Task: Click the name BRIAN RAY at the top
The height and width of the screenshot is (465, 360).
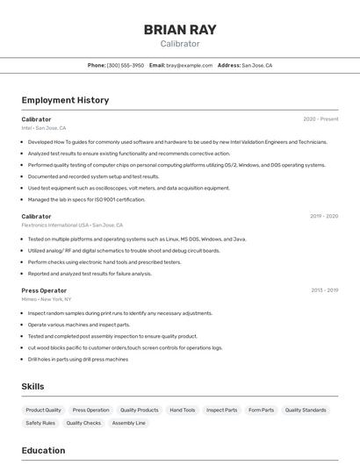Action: [179, 30]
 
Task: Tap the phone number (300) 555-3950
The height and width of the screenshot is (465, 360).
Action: [126, 65]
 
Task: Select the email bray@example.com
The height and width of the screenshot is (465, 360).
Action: [190, 65]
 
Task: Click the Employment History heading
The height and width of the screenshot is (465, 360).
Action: [65, 100]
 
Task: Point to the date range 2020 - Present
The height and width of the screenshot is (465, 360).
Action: [320, 119]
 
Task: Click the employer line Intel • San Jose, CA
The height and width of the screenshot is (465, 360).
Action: [44, 128]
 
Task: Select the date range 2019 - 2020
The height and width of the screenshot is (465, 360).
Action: [324, 216]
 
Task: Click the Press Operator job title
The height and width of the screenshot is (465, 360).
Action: [44, 290]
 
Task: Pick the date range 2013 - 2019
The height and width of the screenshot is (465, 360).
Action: [324, 290]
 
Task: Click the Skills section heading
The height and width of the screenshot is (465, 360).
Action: [33, 386]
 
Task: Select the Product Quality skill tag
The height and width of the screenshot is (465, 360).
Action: [44, 410]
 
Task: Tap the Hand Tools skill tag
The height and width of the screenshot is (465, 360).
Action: [183, 410]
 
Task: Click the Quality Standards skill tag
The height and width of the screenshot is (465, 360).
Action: [306, 410]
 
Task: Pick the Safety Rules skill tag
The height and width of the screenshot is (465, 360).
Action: [40, 423]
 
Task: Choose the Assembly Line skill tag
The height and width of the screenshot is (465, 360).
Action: [129, 423]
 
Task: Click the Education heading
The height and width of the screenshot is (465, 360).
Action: [44, 451]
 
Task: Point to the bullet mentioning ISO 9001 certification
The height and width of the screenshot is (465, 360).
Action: [86, 199]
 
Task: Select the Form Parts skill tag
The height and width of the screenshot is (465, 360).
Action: [262, 410]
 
